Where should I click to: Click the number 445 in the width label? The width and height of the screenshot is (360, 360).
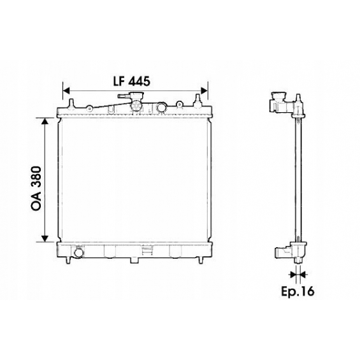pos(139,81)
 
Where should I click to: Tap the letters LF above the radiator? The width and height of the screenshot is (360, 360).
pos(119,81)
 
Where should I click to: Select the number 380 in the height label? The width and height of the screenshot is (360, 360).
pos(36,178)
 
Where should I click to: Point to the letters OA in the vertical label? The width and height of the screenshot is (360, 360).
pos(36,203)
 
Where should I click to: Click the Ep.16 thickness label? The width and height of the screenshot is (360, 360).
pos(298,291)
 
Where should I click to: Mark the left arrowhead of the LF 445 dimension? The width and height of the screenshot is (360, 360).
pos(66,90)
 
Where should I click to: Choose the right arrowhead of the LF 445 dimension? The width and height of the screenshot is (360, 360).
pos(204,90)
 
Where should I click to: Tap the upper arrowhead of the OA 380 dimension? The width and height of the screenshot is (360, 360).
pos(45,121)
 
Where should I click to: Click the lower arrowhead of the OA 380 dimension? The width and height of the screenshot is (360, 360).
pos(45,239)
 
